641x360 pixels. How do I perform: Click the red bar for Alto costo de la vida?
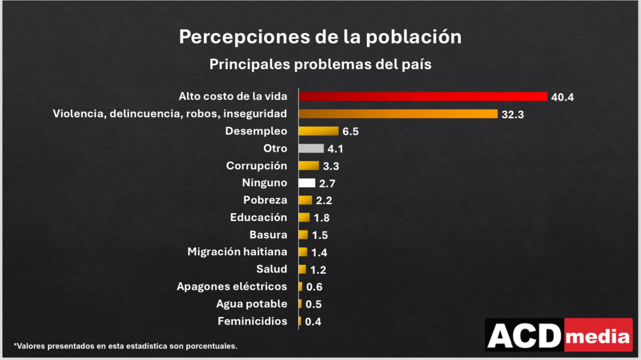click(422, 96)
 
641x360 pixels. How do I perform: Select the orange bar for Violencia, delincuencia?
click(398, 114)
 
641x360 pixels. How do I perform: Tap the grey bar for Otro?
click(311, 148)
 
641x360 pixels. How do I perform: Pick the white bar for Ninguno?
click(307, 183)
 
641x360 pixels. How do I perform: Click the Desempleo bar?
click(318, 131)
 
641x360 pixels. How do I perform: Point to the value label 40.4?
click(562, 97)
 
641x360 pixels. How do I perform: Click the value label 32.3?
click(513, 115)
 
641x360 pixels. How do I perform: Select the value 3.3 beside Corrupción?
click(331, 166)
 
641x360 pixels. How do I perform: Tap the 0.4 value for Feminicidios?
click(313, 322)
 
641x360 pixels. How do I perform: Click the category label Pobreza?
click(265, 200)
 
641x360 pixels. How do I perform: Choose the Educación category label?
click(258, 217)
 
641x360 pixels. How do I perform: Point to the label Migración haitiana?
click(237, 252)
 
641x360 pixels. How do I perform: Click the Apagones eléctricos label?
click(232, 287)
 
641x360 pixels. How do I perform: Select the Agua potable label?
click(251, 304)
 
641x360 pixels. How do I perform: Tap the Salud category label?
click(271, 269)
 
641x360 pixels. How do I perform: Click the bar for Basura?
click(303, 235)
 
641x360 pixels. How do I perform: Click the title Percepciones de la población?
click(320, 37)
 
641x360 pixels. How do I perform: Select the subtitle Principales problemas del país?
click(320, 65)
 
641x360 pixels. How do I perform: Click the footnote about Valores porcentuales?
click(125, 345)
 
